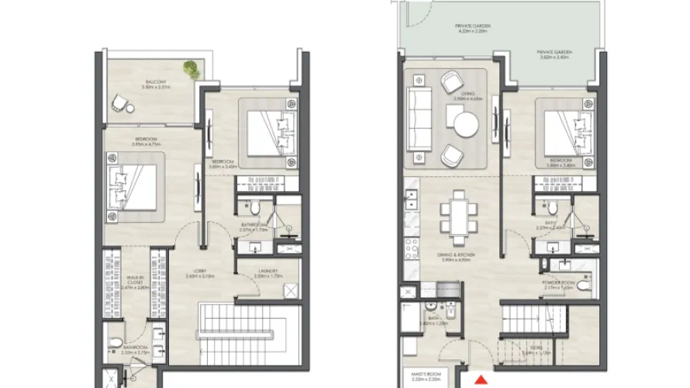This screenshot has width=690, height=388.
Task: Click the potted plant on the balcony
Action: coord(190,69)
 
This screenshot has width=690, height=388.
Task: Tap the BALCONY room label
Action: coord(152,84)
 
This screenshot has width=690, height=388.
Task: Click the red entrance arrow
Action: coord(481,380)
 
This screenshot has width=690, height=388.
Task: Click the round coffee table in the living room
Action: coord(467,123)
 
